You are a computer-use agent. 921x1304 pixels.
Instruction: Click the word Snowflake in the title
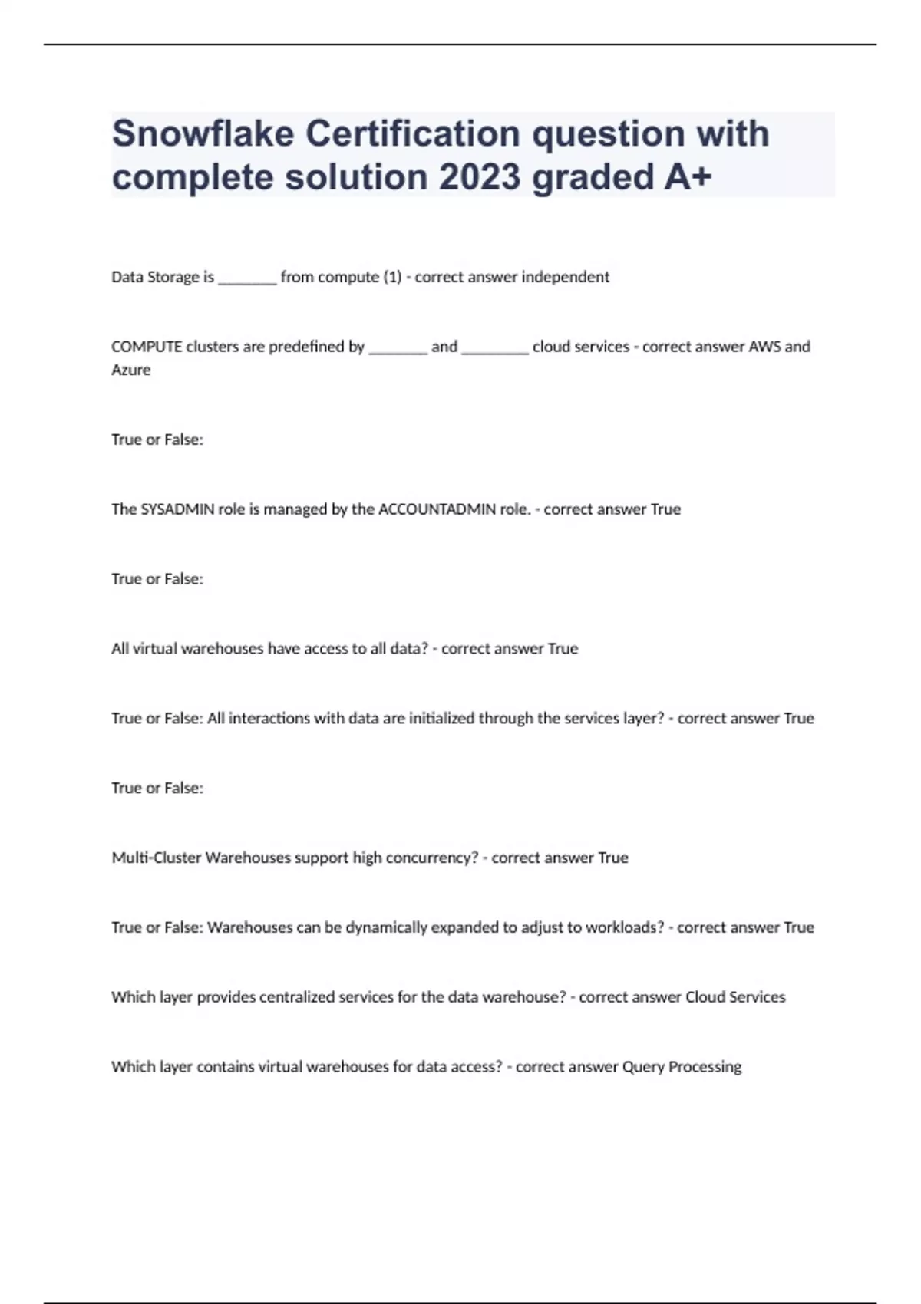[x=203, y=133]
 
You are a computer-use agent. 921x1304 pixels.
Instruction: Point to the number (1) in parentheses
[x=392, y=277]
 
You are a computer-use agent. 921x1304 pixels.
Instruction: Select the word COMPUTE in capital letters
[x=147, y=347]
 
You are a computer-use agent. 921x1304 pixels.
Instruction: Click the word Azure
[x=131, y=370]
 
